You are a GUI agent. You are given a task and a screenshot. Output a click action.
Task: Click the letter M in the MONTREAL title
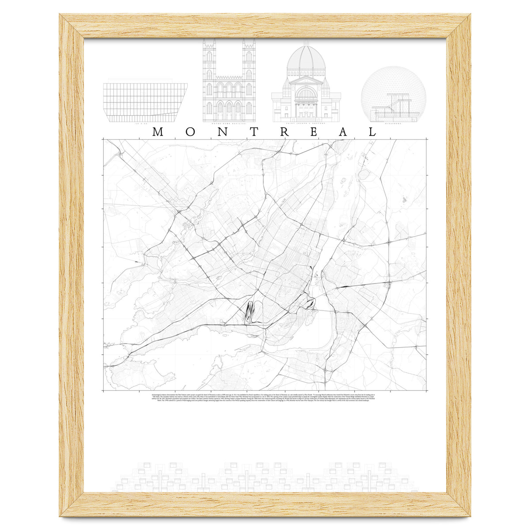[158, 132]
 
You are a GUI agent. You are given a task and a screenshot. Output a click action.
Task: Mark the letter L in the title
[372, 132]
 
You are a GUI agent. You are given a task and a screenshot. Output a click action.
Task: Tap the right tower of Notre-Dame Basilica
[249, 66]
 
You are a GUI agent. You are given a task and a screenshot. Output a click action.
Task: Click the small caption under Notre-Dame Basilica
[229, 124]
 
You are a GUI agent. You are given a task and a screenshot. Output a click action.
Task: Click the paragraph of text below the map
[265, 397]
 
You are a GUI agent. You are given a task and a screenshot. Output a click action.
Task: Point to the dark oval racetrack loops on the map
[250, 311]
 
